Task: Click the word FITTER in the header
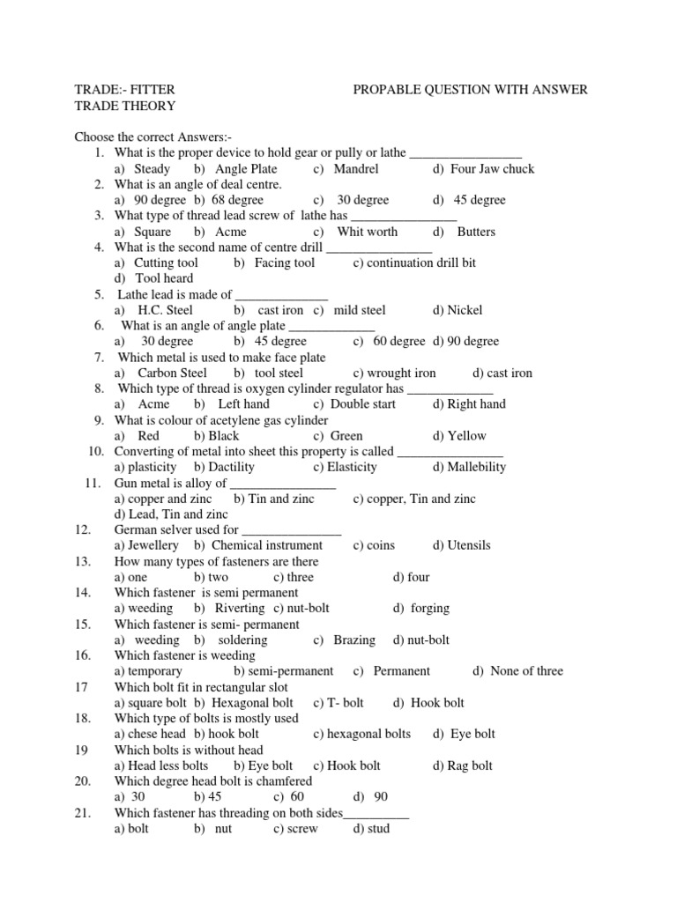pyautogui.click(x=151, y=90)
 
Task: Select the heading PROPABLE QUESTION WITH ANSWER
pyautogui.click(x=470, y=90)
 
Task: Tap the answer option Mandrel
pyautogui.click(x=356, y=169)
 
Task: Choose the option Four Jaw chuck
pyautogui.click(x=491, y=169)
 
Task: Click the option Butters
pyautogui.click(x=476, y=232)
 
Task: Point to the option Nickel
pyautogui.click(x=465, y=310)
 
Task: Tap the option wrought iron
pyautogui.click(x=402, y=373)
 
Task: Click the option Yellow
pyautogui.click(x=466, y=435)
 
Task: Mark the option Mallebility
pyautogui.click(x=476, y=467)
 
